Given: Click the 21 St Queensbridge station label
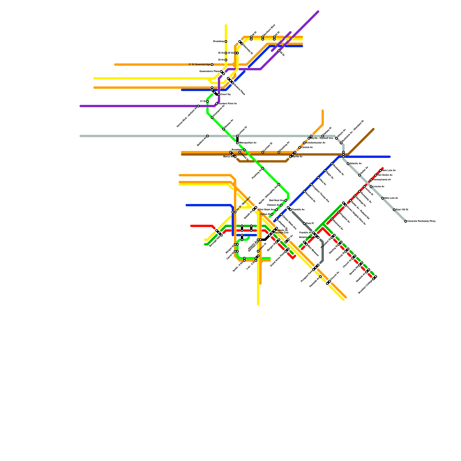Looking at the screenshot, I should [x=199, y=65].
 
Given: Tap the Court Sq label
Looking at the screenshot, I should [x=226, y=95].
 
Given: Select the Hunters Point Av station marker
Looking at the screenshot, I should [x=217, y=104].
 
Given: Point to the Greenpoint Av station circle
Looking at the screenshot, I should [x=212, y=118].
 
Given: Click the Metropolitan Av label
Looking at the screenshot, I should [x=248, y=143].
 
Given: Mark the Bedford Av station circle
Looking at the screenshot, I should [x=207, y=136].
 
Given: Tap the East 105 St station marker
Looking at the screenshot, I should [x=394, y=210].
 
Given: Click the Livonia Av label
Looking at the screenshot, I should [x=379, y=187].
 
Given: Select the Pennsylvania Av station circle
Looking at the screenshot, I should [x=371, y=180].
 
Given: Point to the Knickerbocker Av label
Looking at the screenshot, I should [x=316, y=143].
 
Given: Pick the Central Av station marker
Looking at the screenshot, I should [x=300, y=148].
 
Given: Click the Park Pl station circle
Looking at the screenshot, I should [x=304, y=224].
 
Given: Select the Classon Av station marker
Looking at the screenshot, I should [x=281, y=205].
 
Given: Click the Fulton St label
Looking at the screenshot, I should [x=265, y=214].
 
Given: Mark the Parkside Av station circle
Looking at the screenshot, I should [x=320, y=277].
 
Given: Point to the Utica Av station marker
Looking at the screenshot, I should [x=318, y=177].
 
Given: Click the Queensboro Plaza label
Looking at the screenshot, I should [x=209, y=71].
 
